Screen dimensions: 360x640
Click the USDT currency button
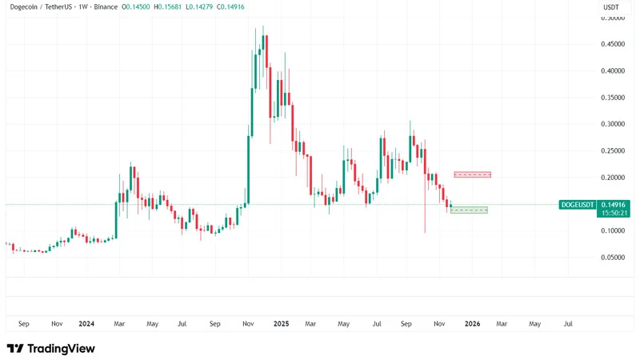[610, 7]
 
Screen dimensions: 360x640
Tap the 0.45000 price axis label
[611, 44]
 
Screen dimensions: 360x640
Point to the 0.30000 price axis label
[611, 124]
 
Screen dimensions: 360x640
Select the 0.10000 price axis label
[611, 230]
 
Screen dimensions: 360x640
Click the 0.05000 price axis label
[611, 258]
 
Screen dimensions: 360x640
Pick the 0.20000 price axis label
[611, 178]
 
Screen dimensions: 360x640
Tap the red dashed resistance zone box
[472, 174]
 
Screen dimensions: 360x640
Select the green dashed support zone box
[469, 210]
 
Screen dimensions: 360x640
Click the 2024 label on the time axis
[86, 324]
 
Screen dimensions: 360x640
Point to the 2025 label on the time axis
[281, 324]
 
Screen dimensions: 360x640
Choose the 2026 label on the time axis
[473, 324]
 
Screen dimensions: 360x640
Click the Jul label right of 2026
[568, 324]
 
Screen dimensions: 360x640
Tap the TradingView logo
[50, 348]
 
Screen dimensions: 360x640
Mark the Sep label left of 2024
[23, 324]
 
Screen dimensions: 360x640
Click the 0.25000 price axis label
[611, 150]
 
